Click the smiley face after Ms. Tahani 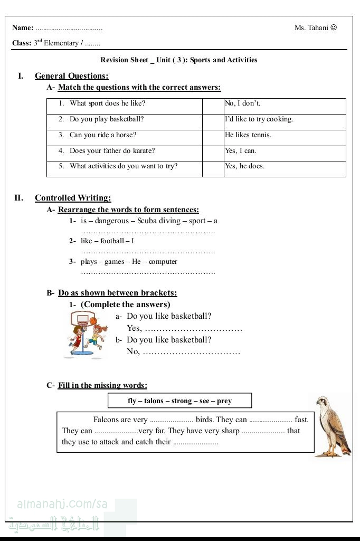334,27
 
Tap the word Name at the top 22,28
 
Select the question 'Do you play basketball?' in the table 107,119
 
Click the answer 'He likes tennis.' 248,135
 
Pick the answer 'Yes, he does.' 244,166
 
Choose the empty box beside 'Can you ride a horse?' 213,135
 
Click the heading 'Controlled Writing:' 73,198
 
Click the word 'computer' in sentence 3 163,262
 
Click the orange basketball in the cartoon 94,320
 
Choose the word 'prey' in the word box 224,401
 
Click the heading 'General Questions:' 72,76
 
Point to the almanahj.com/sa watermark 62,504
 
